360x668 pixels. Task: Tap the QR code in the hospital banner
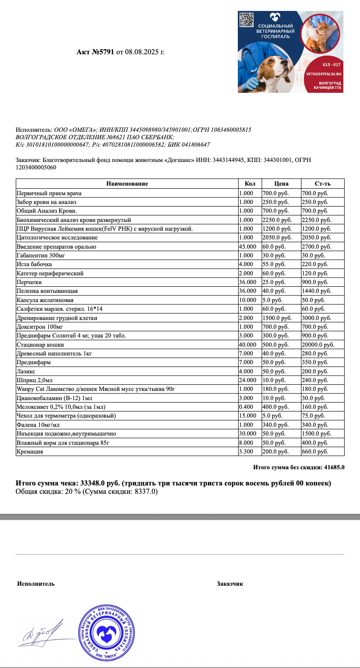tap(247, 20)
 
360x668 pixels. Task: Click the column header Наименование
tap(127, 184)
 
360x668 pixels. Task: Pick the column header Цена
tap(281, 184)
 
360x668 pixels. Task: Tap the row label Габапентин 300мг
tap(41, 255)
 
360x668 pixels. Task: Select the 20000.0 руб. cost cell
tap(318, 345)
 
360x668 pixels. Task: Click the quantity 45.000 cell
tap(247, 246)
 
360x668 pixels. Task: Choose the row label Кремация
tap(30, 451)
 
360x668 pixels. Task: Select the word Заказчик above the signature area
tap(229, 584)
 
